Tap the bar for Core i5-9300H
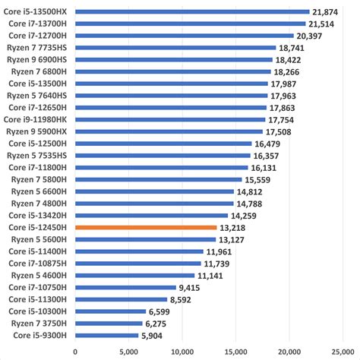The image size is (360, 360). (x=106, y=335)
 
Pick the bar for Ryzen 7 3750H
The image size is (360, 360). (x=109, y=323)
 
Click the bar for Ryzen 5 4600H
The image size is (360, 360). (x=134, y=275)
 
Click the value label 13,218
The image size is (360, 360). (x=232, y=227)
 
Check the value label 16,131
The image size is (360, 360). (x=264, y=167)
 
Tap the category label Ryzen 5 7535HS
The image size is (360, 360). (x=38, y=155)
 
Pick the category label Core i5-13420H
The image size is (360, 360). (x=39, y=215)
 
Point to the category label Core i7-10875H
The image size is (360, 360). (x=39, y=263)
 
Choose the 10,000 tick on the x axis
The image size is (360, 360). (x=182, y=352)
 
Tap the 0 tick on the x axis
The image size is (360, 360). (x=75, y=352)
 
